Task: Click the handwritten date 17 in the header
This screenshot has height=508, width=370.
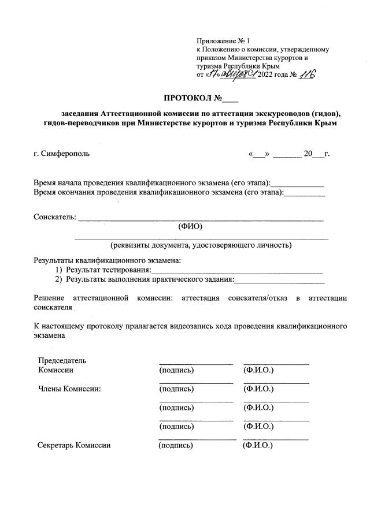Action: [216, 75]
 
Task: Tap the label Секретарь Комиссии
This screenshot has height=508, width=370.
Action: [74, 445]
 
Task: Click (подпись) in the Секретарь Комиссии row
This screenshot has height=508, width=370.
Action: [176, 445]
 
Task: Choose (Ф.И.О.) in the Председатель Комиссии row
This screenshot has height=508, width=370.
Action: [258, 369]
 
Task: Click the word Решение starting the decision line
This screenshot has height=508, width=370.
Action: [51, 298]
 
